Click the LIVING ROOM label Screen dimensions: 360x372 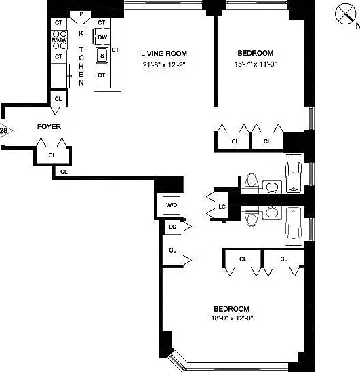[x=164, y=54]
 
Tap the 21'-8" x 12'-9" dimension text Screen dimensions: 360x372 [x=164, y=64]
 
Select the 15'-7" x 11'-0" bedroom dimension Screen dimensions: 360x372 [x=256, y=64]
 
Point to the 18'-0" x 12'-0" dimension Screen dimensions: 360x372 [x=232, y=318]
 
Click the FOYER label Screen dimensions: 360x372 [x=49, y=127]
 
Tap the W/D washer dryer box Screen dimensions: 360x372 [x=172, y=205]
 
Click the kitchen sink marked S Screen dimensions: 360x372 [x=102, y=55]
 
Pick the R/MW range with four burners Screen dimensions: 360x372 [x=59, y=40]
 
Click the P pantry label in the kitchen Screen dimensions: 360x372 [x=81, y=14]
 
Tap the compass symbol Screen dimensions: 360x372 [x=346, y=14]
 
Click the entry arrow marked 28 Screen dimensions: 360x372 [x=5, y=130]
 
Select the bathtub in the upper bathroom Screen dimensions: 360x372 [x=294, y=173]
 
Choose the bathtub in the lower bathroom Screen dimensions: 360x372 [x=294, y=227]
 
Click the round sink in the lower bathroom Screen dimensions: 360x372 [x=272, y=212]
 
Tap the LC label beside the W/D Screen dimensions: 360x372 [x=173, y=227]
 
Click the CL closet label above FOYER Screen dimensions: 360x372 [x=58, y=99]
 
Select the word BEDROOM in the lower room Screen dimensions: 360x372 [x=232, y=309]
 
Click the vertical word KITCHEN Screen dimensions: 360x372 [x=81, y=58]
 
